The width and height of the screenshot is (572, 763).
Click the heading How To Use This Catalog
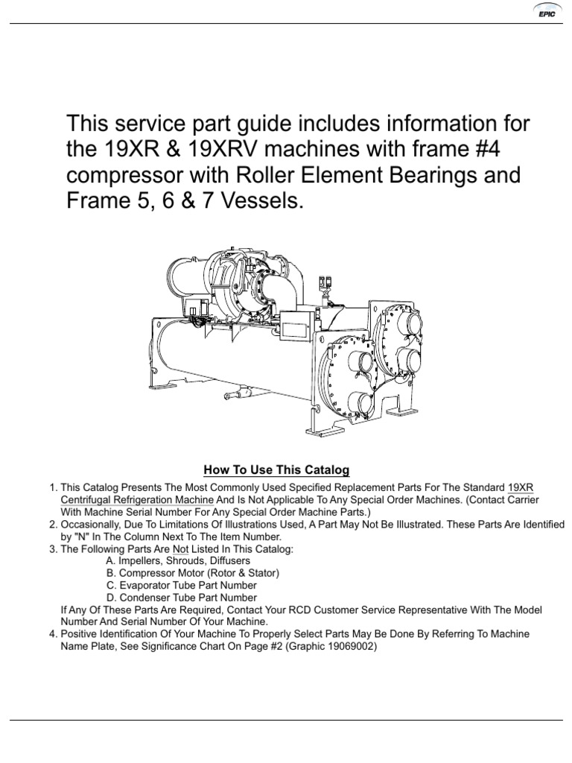[x=276, y=470]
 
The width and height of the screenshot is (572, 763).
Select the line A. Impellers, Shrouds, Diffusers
[x=178, y=560]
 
